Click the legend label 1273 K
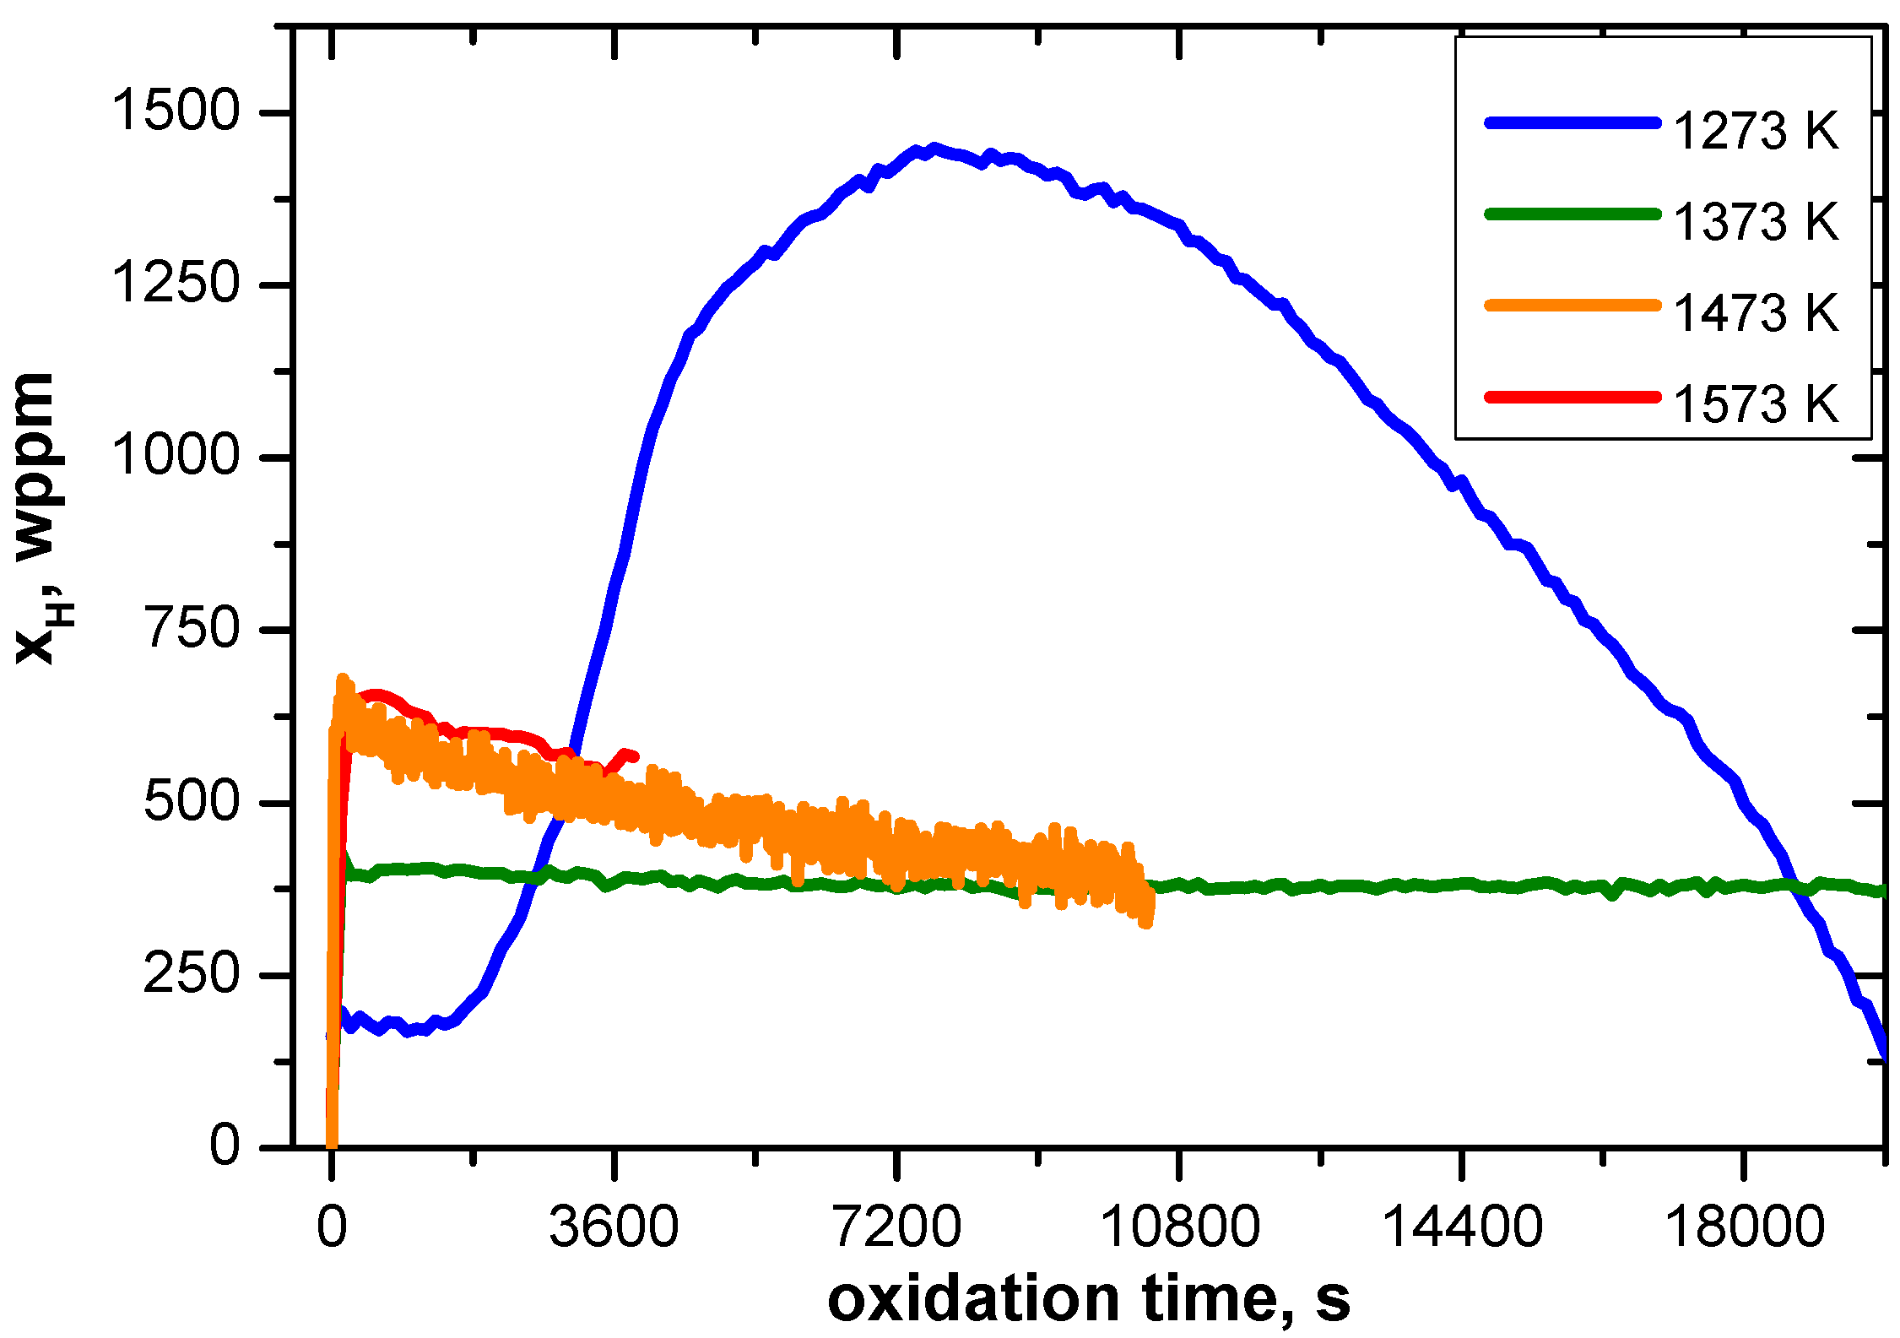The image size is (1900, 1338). click(x=1755, y=132)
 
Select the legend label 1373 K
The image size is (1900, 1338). click(x=1755, y=223)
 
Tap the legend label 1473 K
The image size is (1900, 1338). click(x=1755, y=314)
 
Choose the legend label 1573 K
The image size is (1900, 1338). click(x=1755, y=405)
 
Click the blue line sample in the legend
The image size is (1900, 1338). click(x=1573, y=123)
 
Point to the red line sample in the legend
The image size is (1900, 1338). click(x=1573, y=397)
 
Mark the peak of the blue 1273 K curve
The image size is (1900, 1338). click(x=934, y=149)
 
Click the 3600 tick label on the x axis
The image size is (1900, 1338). click(x=614, y=1227)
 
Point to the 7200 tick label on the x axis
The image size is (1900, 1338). click(x=896, y=1227)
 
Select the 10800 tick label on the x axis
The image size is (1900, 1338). click(x=1179, y=1227)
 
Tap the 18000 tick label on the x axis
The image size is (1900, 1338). click(x=1744, y=1227)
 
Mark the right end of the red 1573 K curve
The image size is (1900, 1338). click(x=635, y=756)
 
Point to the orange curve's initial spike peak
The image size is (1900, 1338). click(x=343, y=679)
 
